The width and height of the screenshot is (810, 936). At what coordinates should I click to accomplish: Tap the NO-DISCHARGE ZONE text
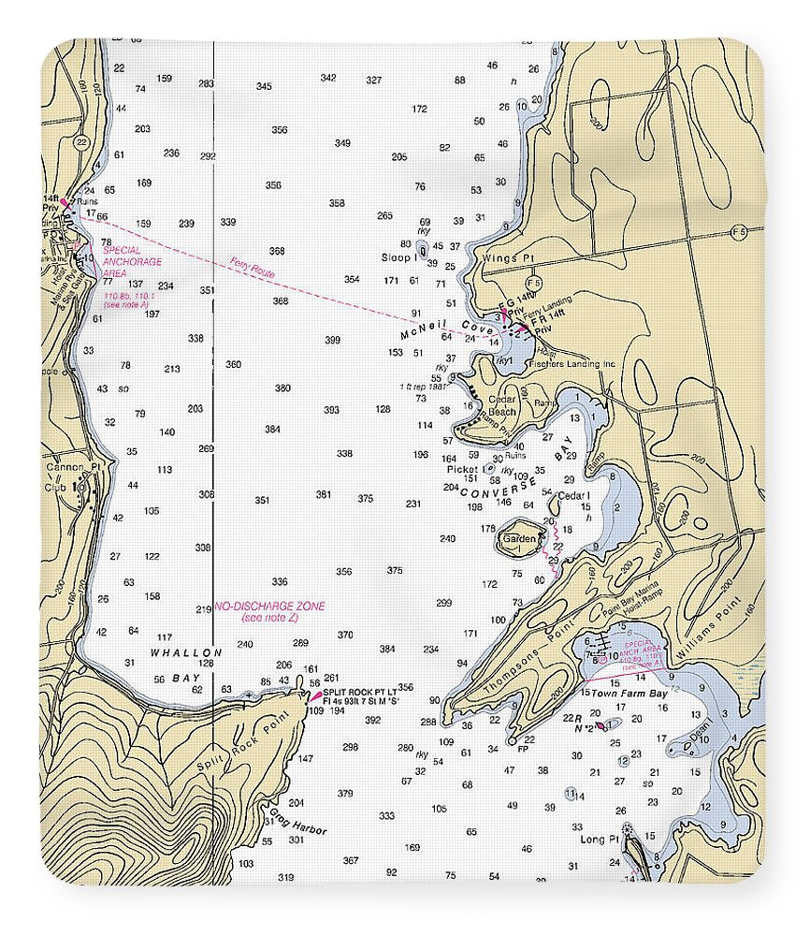click(x=270, y=607)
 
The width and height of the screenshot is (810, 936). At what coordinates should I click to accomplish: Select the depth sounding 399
click(x=332, y=340)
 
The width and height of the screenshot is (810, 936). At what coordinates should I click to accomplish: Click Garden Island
click(x=519, y=540)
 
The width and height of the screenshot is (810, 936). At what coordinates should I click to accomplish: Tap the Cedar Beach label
click(x=502, y=405)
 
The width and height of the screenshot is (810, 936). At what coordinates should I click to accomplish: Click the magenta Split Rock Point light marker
click(x=314, y=697)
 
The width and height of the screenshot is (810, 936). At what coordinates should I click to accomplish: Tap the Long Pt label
click(x=600, y=840)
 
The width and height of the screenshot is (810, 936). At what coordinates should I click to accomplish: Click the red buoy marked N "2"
click(x=600, y=725)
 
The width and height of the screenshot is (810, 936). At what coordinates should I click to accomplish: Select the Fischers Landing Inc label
click(x=570, y=364)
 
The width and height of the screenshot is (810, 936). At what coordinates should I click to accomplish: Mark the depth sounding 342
click(x=328, y=78)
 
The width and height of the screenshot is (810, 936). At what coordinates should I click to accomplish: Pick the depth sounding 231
click(x=413, y=504)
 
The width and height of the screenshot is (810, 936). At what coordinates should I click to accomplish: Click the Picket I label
click(x=465, y=469)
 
